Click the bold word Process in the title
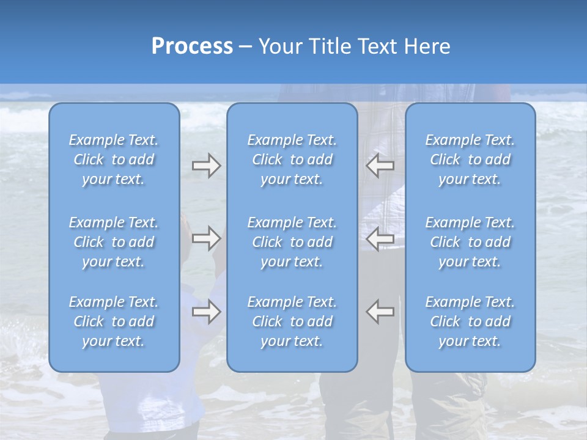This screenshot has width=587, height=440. (x=192, y=46)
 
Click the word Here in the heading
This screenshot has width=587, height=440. (x=428, y=46)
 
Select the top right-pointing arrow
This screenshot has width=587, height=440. (x=207, y=165)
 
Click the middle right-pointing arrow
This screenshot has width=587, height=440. (x=207, y=238)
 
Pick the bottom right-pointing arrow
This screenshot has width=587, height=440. (x=207, y=312)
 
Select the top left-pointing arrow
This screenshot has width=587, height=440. (x=380, y=165)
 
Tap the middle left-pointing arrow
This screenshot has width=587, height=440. (x=380, y=238)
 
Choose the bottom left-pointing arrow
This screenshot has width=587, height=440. (x=380, y=312)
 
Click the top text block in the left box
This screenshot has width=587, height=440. (x=114, y=159)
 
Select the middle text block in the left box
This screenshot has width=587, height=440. (x=114, y=242)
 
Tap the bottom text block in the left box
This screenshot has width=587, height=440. (x=114, y=321)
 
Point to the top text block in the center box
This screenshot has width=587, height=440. (x=292, y=159)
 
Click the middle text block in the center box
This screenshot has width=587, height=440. (x=292, y=242)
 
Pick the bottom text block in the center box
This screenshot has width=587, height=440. (x=292, y=321)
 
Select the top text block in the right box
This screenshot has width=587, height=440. (x=470, y=159)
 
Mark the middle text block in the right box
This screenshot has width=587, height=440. (x=470, y=242)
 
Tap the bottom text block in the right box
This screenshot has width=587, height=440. (x=470, y=321)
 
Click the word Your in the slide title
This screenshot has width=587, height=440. (x=279, y=46)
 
